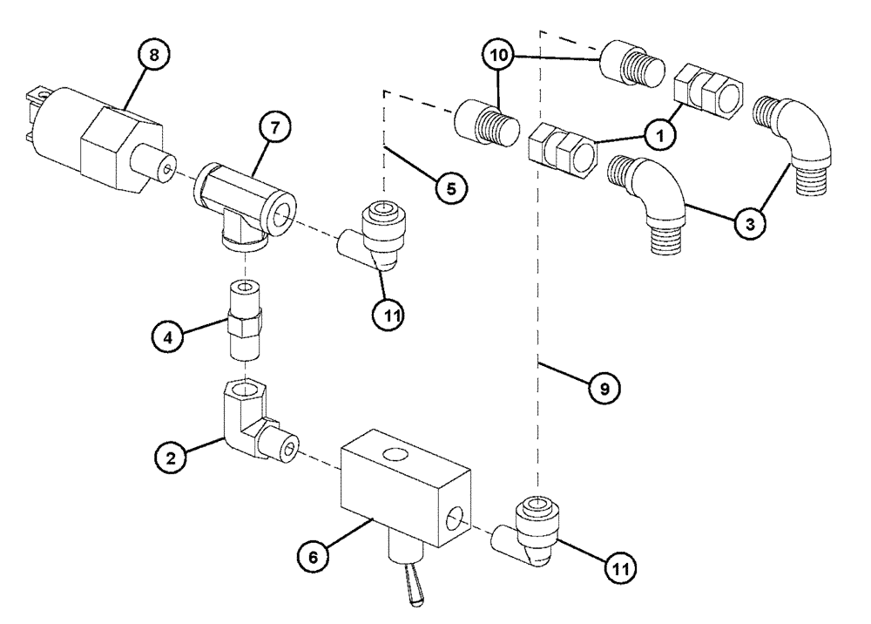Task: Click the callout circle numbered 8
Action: [153, 57]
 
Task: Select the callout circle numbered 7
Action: [274, 128]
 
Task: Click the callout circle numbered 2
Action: [171, 456]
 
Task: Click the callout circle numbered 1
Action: [659, 136]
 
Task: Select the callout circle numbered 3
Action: [749, 223]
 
